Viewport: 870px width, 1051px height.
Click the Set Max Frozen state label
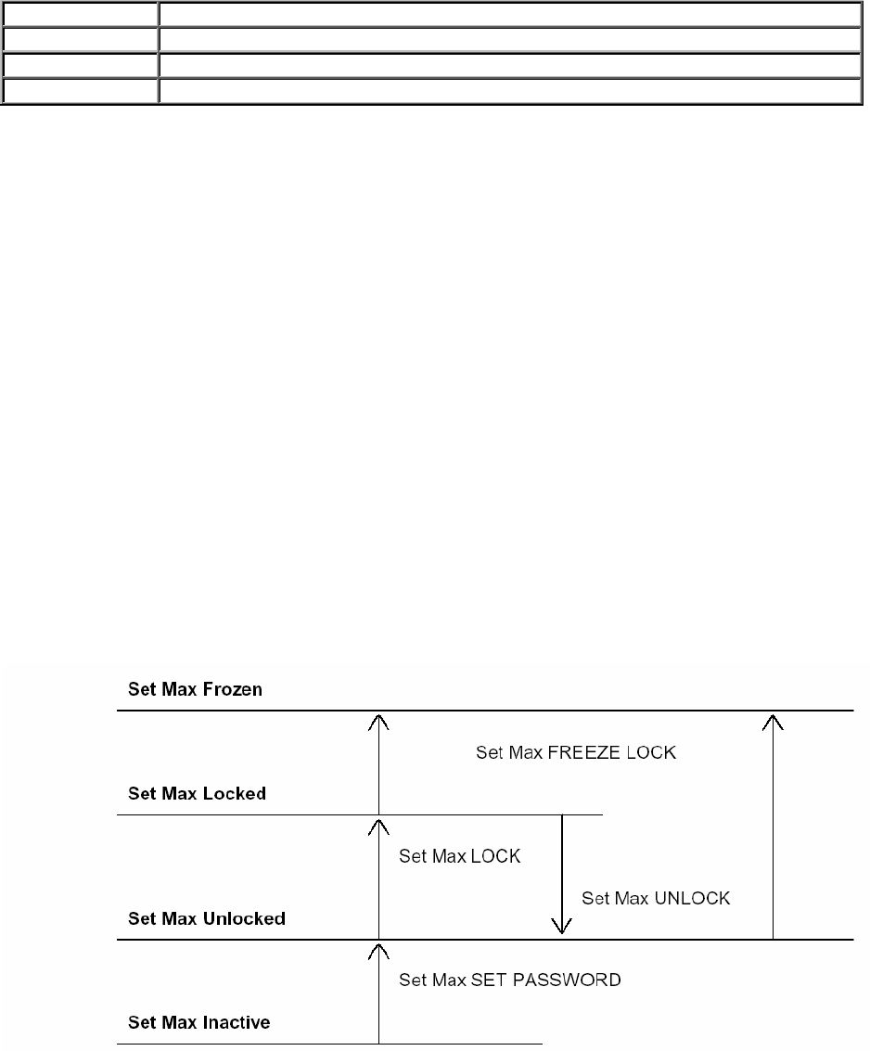tap(195, 689)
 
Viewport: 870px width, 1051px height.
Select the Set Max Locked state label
tap(197, 794)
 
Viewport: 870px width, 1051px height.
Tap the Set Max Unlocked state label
tap(206, 919)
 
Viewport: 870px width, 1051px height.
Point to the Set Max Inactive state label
tap(198, 1023)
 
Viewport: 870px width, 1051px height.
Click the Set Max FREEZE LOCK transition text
tap(576, 753)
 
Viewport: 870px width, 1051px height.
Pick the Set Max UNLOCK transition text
tap(656, 898)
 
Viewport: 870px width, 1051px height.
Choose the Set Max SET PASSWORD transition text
tap(509, 980)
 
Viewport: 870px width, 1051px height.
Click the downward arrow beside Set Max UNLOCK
tap(559, 872)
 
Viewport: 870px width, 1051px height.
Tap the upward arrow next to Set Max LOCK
tap(379, 877)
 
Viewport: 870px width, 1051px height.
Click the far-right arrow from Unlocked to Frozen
tap(773, 826)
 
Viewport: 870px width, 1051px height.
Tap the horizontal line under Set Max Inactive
tap(329, 1045)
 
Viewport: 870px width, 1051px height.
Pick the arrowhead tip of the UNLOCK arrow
tap(559, 931)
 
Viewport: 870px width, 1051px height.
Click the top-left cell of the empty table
tap(79, 14)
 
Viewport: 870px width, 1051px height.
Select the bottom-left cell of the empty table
tap(79, 92)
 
